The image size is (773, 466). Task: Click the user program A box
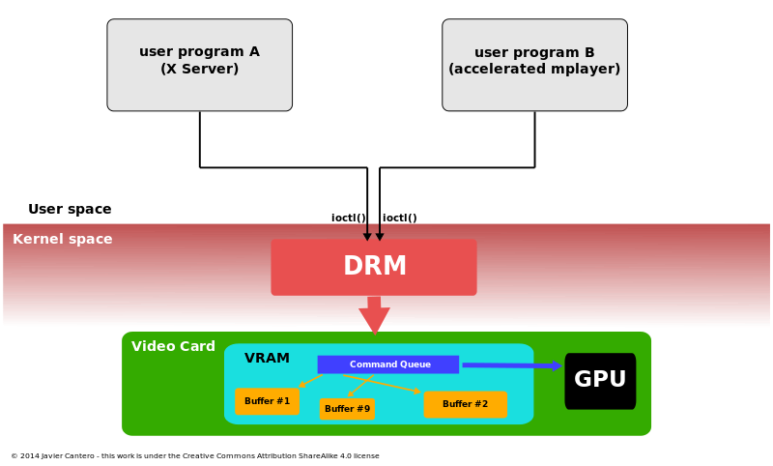tap(199, 65)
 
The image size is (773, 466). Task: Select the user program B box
tap(534, 65)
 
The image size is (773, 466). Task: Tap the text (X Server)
tap(199, 69)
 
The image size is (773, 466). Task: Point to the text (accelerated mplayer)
tap(534, 69)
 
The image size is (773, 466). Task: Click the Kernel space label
tap(63, 239)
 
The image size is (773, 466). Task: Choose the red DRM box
tap(374, 267)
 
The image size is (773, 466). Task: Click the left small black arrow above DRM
tap(367, 232)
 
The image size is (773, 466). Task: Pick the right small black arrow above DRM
tap(380, 232)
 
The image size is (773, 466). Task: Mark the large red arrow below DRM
tap(374, 316)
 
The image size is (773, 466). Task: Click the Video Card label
tap(173, 346)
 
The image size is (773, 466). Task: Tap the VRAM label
tap(267, 358)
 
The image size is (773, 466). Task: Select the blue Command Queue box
tap(388, 364)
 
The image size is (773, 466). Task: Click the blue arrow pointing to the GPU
tap(510, 365)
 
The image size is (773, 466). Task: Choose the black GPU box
tap(600, 380)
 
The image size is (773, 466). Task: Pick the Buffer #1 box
tap(267, 401)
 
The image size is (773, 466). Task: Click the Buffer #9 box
tap(347, 409)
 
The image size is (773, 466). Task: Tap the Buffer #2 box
tap(465, 404)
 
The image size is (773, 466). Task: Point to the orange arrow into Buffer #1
tap(311, 380)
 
